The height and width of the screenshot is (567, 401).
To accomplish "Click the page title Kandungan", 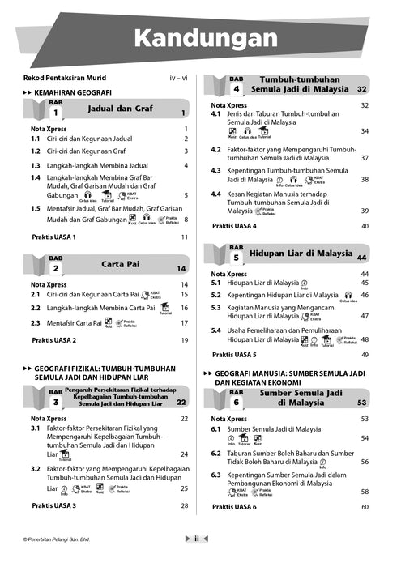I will coord(200,37).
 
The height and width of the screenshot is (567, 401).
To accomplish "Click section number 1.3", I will coord(36,165).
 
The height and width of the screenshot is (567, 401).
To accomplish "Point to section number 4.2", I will coord(216,149).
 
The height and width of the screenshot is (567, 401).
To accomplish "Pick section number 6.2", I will coord(216,453).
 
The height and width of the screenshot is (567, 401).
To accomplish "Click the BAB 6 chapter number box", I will coord(236,402).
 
